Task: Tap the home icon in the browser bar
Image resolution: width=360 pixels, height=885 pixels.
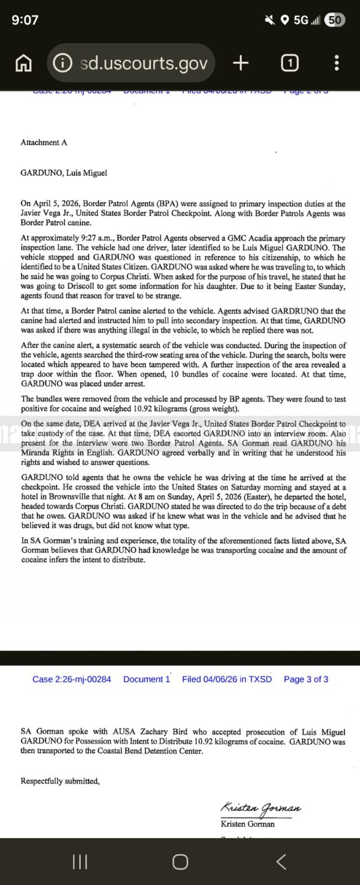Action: pos(23,64)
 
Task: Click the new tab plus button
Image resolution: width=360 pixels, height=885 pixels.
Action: pos(241,63)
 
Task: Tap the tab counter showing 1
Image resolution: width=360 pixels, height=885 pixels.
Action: pos(290,63)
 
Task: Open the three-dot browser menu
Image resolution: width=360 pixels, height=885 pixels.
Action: pos(336,63)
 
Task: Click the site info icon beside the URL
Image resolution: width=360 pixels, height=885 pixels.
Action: pos(62,63)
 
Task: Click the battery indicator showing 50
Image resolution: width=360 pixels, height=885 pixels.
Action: pos(335,20)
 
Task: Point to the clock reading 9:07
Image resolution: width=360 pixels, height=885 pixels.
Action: pos(25,20)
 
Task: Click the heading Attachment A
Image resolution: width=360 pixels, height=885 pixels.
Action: pos(44,142)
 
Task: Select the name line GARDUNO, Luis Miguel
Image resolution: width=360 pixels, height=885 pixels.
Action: pos(64,173)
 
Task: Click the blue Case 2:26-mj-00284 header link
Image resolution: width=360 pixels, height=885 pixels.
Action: pos(71,679)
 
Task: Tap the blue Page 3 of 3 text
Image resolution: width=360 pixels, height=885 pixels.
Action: pos(306,679)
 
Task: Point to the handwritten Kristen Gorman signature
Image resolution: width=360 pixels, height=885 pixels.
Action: pos(260,808)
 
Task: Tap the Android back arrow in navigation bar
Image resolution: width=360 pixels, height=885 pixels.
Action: pos(281,861)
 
